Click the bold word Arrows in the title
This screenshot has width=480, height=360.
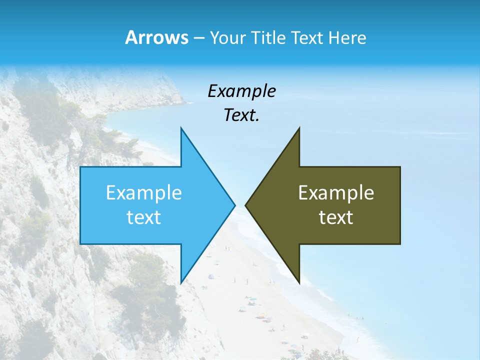click(156, 37)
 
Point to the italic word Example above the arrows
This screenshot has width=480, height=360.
click(241, 91)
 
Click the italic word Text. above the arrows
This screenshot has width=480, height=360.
click(241, 115)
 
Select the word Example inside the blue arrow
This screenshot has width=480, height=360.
click(144, 192)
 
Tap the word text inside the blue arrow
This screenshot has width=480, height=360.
click(144, 217)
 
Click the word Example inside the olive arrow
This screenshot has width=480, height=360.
click(336, 192)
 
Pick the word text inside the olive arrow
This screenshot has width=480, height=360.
click(336, 217)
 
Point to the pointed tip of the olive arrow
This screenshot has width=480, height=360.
click(246, 205)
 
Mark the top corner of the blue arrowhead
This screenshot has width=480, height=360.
click(181, 128)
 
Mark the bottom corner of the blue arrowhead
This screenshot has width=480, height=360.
click(181, 282)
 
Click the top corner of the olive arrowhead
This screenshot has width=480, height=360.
click(299, 128)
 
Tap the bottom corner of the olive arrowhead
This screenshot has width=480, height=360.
click(299, 282)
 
